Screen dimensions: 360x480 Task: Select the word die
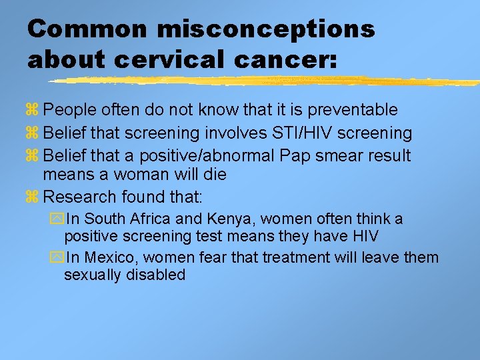215,175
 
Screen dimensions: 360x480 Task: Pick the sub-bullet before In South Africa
56,219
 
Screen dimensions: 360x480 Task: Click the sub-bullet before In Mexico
56,258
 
